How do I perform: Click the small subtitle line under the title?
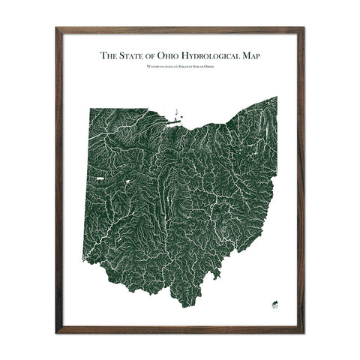(x=180, y=68)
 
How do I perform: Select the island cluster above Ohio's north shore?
(x=177, y=117)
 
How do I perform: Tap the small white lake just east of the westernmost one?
(x=128, y=181)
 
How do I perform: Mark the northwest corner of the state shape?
(x=90, y=109)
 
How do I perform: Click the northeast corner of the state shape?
(x=276, y=97)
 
